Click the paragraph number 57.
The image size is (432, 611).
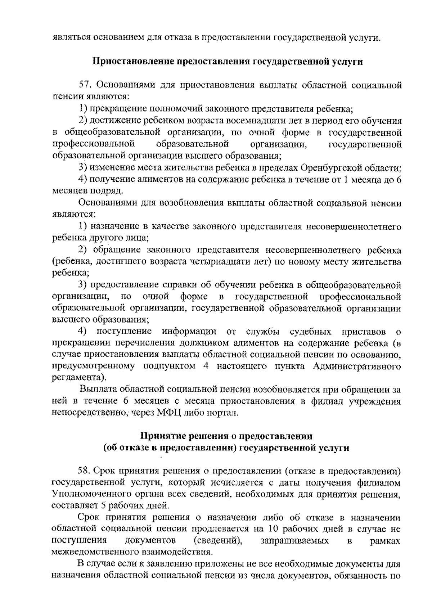click(x=85, y=85)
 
